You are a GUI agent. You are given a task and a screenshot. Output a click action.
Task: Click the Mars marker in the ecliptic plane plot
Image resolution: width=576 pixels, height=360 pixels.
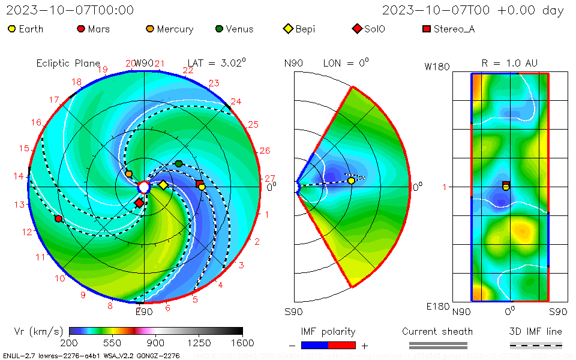click(58, 218)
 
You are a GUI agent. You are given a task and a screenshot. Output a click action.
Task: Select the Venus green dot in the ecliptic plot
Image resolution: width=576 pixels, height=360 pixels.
click(179, 164)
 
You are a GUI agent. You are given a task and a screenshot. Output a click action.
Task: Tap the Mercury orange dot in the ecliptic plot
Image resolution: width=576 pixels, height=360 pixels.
click(128, 174)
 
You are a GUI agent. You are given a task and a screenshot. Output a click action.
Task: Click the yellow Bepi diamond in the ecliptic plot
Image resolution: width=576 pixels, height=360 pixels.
click(163, 185)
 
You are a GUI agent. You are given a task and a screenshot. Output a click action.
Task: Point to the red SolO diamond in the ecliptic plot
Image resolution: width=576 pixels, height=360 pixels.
click(139, 203)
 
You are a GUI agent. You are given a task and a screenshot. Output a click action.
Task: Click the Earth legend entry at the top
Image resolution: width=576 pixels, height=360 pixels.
click(25, 29)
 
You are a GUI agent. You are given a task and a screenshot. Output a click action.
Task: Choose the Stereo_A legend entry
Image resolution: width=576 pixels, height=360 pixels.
click(449, 29)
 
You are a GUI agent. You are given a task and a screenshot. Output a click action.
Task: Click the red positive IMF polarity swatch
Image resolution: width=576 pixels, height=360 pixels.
click(342, 345)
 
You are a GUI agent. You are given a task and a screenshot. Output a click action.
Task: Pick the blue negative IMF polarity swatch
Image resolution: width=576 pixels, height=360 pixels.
click(314, 345)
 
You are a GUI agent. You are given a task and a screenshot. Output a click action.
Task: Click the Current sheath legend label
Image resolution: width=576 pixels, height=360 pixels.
click(437, 331)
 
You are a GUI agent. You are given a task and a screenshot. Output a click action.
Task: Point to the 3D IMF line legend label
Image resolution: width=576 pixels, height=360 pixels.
click(536, 331)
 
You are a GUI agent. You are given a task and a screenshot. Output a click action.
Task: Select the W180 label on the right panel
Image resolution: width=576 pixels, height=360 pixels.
click(437, 67)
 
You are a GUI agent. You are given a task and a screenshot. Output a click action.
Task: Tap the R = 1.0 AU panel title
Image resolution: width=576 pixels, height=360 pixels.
click(509, 63)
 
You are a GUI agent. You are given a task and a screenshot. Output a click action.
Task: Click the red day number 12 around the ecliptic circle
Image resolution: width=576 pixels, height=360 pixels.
click(27, 232)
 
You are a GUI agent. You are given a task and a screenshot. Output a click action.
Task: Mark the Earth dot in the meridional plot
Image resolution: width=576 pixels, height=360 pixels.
click(351, 181)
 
